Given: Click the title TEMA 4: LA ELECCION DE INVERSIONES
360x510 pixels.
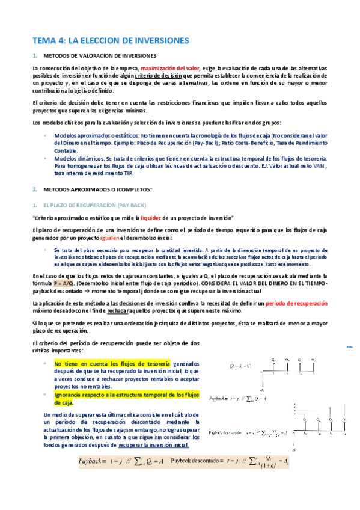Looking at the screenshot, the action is (x=111, y=40).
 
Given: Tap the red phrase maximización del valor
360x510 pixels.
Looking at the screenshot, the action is (x=166, y=68).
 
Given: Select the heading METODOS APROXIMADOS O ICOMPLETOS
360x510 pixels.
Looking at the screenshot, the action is (x=97, y=189).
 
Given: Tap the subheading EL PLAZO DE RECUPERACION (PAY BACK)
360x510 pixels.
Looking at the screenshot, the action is (x=95, y=205).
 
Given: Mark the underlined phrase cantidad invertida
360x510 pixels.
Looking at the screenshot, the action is (x=182, y=249).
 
